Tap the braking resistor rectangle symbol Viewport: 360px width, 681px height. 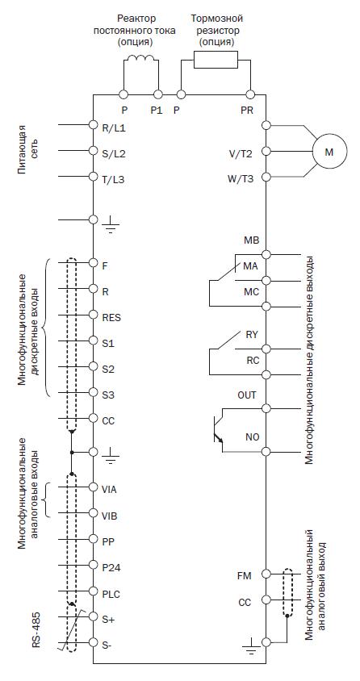coord(216,60)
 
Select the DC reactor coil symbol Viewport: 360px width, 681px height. coord(140,60)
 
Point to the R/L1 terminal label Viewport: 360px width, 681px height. coord(114,129)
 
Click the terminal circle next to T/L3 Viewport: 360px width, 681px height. coord(93,177)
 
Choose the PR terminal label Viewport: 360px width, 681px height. coord(247,111)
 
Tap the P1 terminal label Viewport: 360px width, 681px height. coord(157,111)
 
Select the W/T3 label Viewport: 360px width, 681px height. coord(241,179)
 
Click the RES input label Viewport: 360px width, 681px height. coord(111,318)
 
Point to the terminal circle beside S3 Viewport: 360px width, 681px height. coord(93,392)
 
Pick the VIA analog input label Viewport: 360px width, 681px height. coord(109,490)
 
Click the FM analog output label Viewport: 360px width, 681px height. coord(245,576)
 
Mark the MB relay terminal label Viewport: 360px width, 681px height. coord(251,240)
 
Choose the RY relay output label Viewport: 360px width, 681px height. coord(252,335)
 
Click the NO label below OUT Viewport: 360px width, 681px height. coord(253,437)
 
